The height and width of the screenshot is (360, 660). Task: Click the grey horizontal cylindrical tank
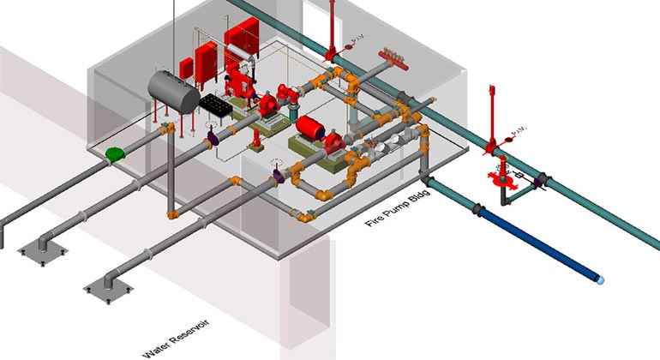point(171,90)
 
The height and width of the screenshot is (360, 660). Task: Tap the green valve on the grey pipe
point(114,154)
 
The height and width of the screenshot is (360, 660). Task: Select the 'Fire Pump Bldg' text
point(398,210)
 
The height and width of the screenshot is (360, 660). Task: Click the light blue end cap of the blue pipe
point(601,279)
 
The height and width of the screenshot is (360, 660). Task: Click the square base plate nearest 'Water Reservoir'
point(103,291)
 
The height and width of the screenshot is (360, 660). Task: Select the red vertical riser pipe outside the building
point(490,116)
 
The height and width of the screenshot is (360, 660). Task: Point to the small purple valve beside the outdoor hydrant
point(539,181)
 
